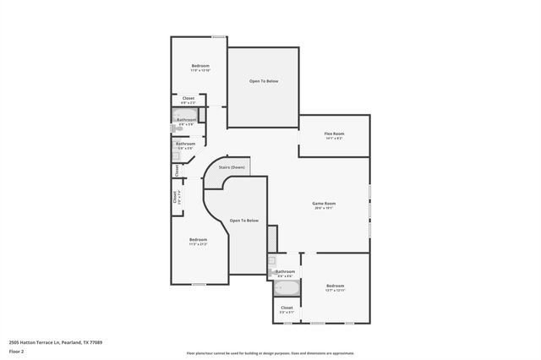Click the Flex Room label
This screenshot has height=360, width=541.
click(x=334, y=134)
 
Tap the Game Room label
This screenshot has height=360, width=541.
click(x=325, y=203)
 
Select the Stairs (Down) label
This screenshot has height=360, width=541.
click(x=232, y=167)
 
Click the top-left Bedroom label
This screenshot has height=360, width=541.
click(x=199, y=66)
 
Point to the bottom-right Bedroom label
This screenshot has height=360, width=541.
click(x=335, y=286)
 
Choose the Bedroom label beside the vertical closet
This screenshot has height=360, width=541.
click(x=198, y=239)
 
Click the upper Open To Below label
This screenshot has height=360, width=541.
click(x=263, y=81)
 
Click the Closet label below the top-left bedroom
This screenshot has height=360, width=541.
click(x=188, y=98)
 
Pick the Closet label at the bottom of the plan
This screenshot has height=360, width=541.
click(x=287, y=308)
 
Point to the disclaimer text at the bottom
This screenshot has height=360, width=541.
click(x=270, y=352)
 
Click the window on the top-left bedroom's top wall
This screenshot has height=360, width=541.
click(x=217, y=36)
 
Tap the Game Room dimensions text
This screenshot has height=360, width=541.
click(x=325, y=208)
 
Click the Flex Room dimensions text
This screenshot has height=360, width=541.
click(x=334, y=139)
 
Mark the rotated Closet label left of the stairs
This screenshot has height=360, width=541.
click(x=177, y=170)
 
